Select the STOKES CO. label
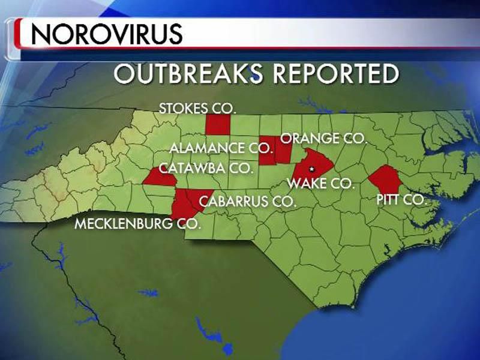(x=198, y=109)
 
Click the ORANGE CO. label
(x=324, y=139)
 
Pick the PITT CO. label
(x=401, y=200)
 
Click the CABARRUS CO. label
(x=248, y=201)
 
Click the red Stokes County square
(x=217, y=125)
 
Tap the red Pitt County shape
(x=384, y=179)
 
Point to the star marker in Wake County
(x=311, y=170)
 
